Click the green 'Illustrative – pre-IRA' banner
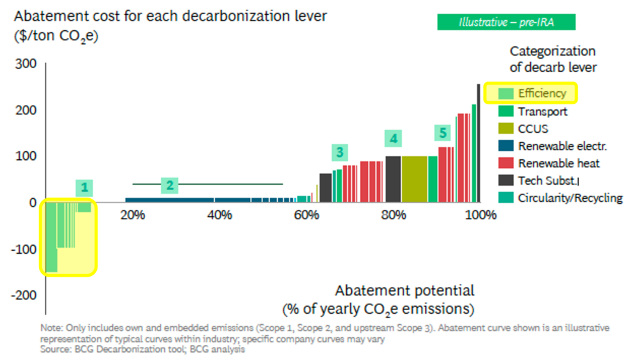tap(506, 22)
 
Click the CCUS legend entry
tap(524, 129)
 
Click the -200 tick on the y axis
tap(25, 295)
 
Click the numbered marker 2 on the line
tap(170, 185)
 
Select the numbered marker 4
tap(393, 138)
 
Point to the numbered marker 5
tap(442, 132)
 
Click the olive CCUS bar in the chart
tap(414, 178)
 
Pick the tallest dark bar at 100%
tap(478, 142)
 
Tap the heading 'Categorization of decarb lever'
tap(552, 59)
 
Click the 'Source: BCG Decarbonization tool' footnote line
tap(143, 350)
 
